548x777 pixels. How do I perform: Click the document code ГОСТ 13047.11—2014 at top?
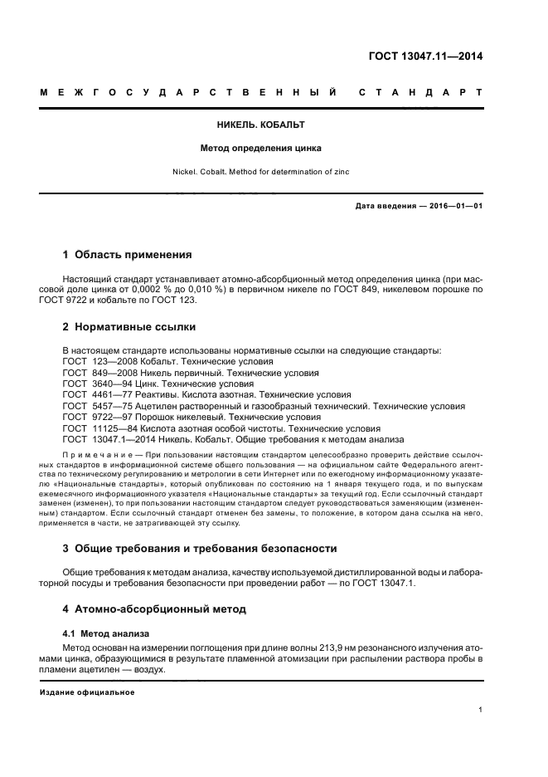pyautogui.click(x=425, y=56)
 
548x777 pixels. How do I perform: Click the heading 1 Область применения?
pyautogui.click(x=128, y=255)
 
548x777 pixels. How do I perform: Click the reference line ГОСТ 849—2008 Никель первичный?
pyautogui.click(x=184, y=374)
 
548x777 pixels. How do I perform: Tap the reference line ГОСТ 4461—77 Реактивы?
pyautogui.click(x=206, y=395)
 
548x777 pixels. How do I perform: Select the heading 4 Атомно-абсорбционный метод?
pyautogui.click(x=154, y=608)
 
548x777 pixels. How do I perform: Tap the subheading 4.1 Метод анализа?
pyautogui.click(x=104, y=633)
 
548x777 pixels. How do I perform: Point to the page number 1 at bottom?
pyautogui.click(x=481, y=710)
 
